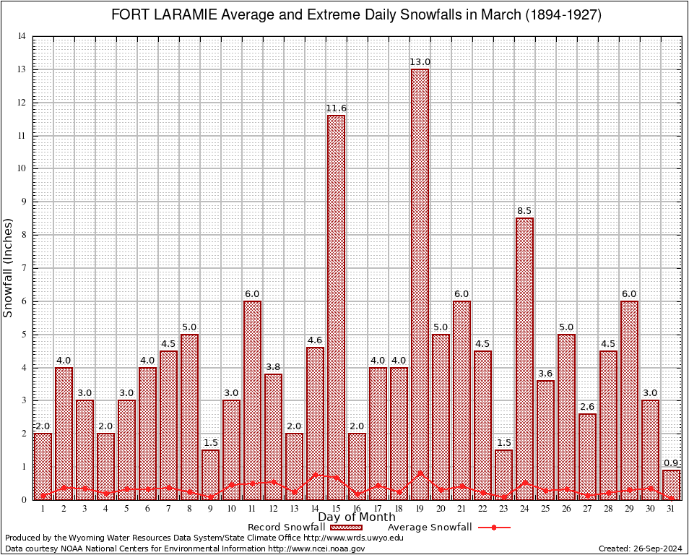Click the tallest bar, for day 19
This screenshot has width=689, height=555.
click(420, 282)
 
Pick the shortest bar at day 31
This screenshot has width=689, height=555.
click(671, 483)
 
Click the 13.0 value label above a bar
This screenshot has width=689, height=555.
click(420, 62)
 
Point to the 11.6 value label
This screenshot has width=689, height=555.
click(336, 108)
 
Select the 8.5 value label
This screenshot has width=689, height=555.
click(524, 211)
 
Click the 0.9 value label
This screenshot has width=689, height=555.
click(671, 463)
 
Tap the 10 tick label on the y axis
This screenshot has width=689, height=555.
click(21, 168)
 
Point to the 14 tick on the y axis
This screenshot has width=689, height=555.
click(21, 36)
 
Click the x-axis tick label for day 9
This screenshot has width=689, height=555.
click(210, 509)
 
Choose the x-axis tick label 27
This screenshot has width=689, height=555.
click(587, 509)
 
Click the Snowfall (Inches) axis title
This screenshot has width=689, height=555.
click(8, 267)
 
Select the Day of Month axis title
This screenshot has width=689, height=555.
click(357, 517)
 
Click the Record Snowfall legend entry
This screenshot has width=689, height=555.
click(289, 528)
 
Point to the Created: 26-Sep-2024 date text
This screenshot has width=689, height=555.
click(641, 548)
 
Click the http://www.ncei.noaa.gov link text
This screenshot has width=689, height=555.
click(316, 548)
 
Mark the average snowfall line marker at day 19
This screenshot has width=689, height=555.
click(420, 473)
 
